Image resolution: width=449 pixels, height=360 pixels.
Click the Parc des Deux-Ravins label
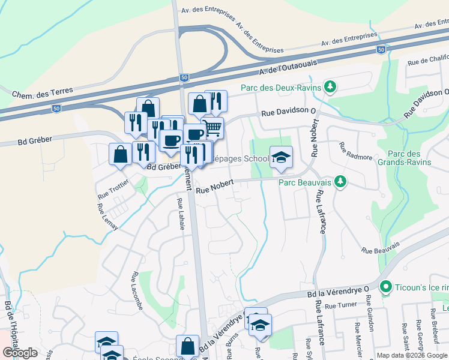click(x=278, y=88)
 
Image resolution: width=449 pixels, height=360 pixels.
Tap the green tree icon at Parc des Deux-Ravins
click(x=329, y=88)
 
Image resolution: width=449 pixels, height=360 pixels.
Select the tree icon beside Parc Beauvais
click(x=340, y=181)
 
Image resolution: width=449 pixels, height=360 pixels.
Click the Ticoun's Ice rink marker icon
click(x=385, y=287)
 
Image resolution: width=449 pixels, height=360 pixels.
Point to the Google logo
click(x=20, y=353)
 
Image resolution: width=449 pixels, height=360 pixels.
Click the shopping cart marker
click(x=212, y=128)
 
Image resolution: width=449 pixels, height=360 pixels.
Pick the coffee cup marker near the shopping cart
click(x=194, y=134)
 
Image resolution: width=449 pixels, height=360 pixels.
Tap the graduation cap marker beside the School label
click(x=281, y=157)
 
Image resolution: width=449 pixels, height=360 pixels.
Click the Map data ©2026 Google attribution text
click(x=412, y=355)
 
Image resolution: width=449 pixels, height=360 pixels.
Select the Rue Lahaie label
click(x=181, y=212)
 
